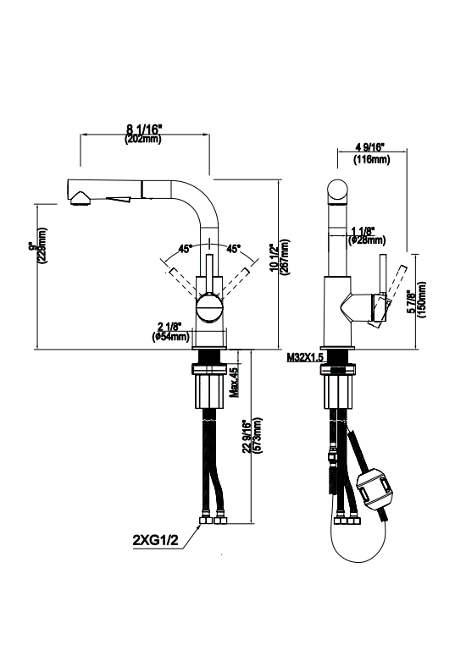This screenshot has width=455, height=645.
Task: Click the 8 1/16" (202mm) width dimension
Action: (x=143, y=134)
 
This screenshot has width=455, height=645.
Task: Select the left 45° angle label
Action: (x=184, y=249)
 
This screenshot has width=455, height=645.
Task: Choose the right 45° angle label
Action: (x=233, y=249)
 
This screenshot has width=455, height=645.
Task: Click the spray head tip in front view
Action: (x=78, y=197)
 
